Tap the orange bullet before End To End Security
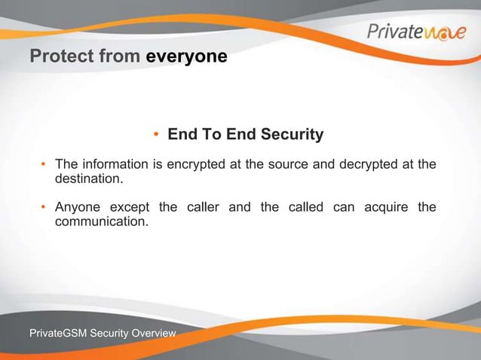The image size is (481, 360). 157,136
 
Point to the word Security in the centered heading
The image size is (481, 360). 292,135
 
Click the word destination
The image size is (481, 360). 87,180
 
